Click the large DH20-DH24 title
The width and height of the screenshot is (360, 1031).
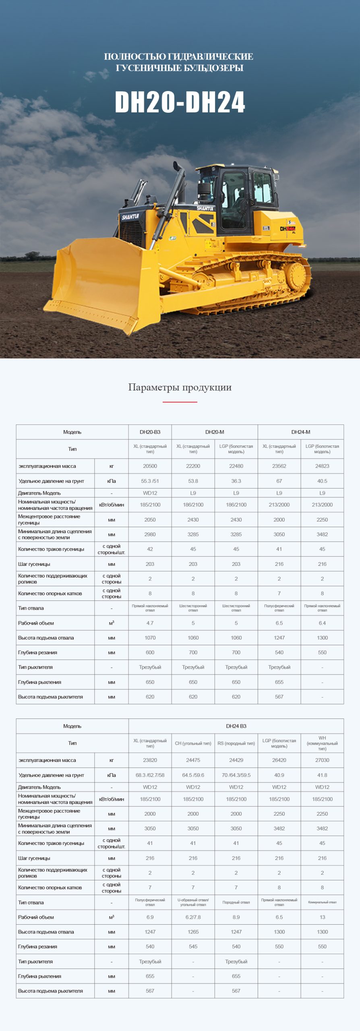180,102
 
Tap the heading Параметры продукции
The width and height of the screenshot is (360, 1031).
180,387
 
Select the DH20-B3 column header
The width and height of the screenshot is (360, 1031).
150,432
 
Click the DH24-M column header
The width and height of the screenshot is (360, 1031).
300,432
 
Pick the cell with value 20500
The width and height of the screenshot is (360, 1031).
150,466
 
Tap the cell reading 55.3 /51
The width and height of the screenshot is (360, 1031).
150,481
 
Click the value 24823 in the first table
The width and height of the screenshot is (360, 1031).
322,466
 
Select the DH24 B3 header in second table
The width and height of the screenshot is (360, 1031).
236,726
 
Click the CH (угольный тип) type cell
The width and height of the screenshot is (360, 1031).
193,743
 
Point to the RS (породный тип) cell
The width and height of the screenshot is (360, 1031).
236,743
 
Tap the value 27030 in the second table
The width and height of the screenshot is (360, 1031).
322,760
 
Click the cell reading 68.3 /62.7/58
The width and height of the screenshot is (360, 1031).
150,775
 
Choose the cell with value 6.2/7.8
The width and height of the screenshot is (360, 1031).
193,917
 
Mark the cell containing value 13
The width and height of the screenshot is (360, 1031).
322,917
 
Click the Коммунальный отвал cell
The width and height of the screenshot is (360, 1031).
322,902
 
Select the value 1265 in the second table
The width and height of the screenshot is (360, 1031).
193,932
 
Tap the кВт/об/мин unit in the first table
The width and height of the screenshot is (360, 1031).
112,505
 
